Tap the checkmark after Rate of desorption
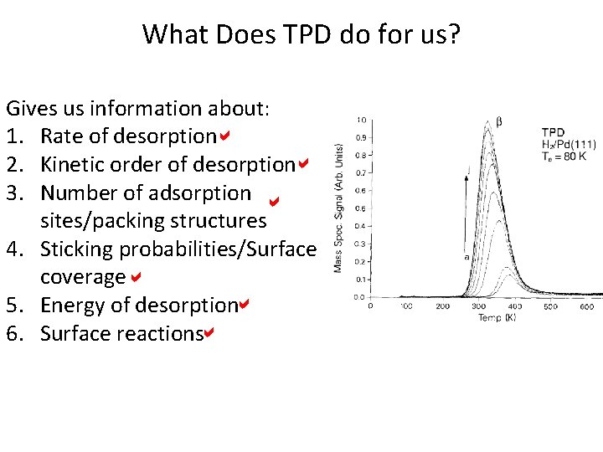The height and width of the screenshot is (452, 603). [x=225, y=136]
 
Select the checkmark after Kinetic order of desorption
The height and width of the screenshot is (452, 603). [x=303, y=163]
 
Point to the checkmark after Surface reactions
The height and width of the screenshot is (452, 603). [x=209, y=332]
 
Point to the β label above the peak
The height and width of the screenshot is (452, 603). [x=500, y=121]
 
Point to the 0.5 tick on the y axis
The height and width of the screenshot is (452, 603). [x=359, y=208]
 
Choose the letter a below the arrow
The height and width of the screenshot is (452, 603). [x=466, y=257]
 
